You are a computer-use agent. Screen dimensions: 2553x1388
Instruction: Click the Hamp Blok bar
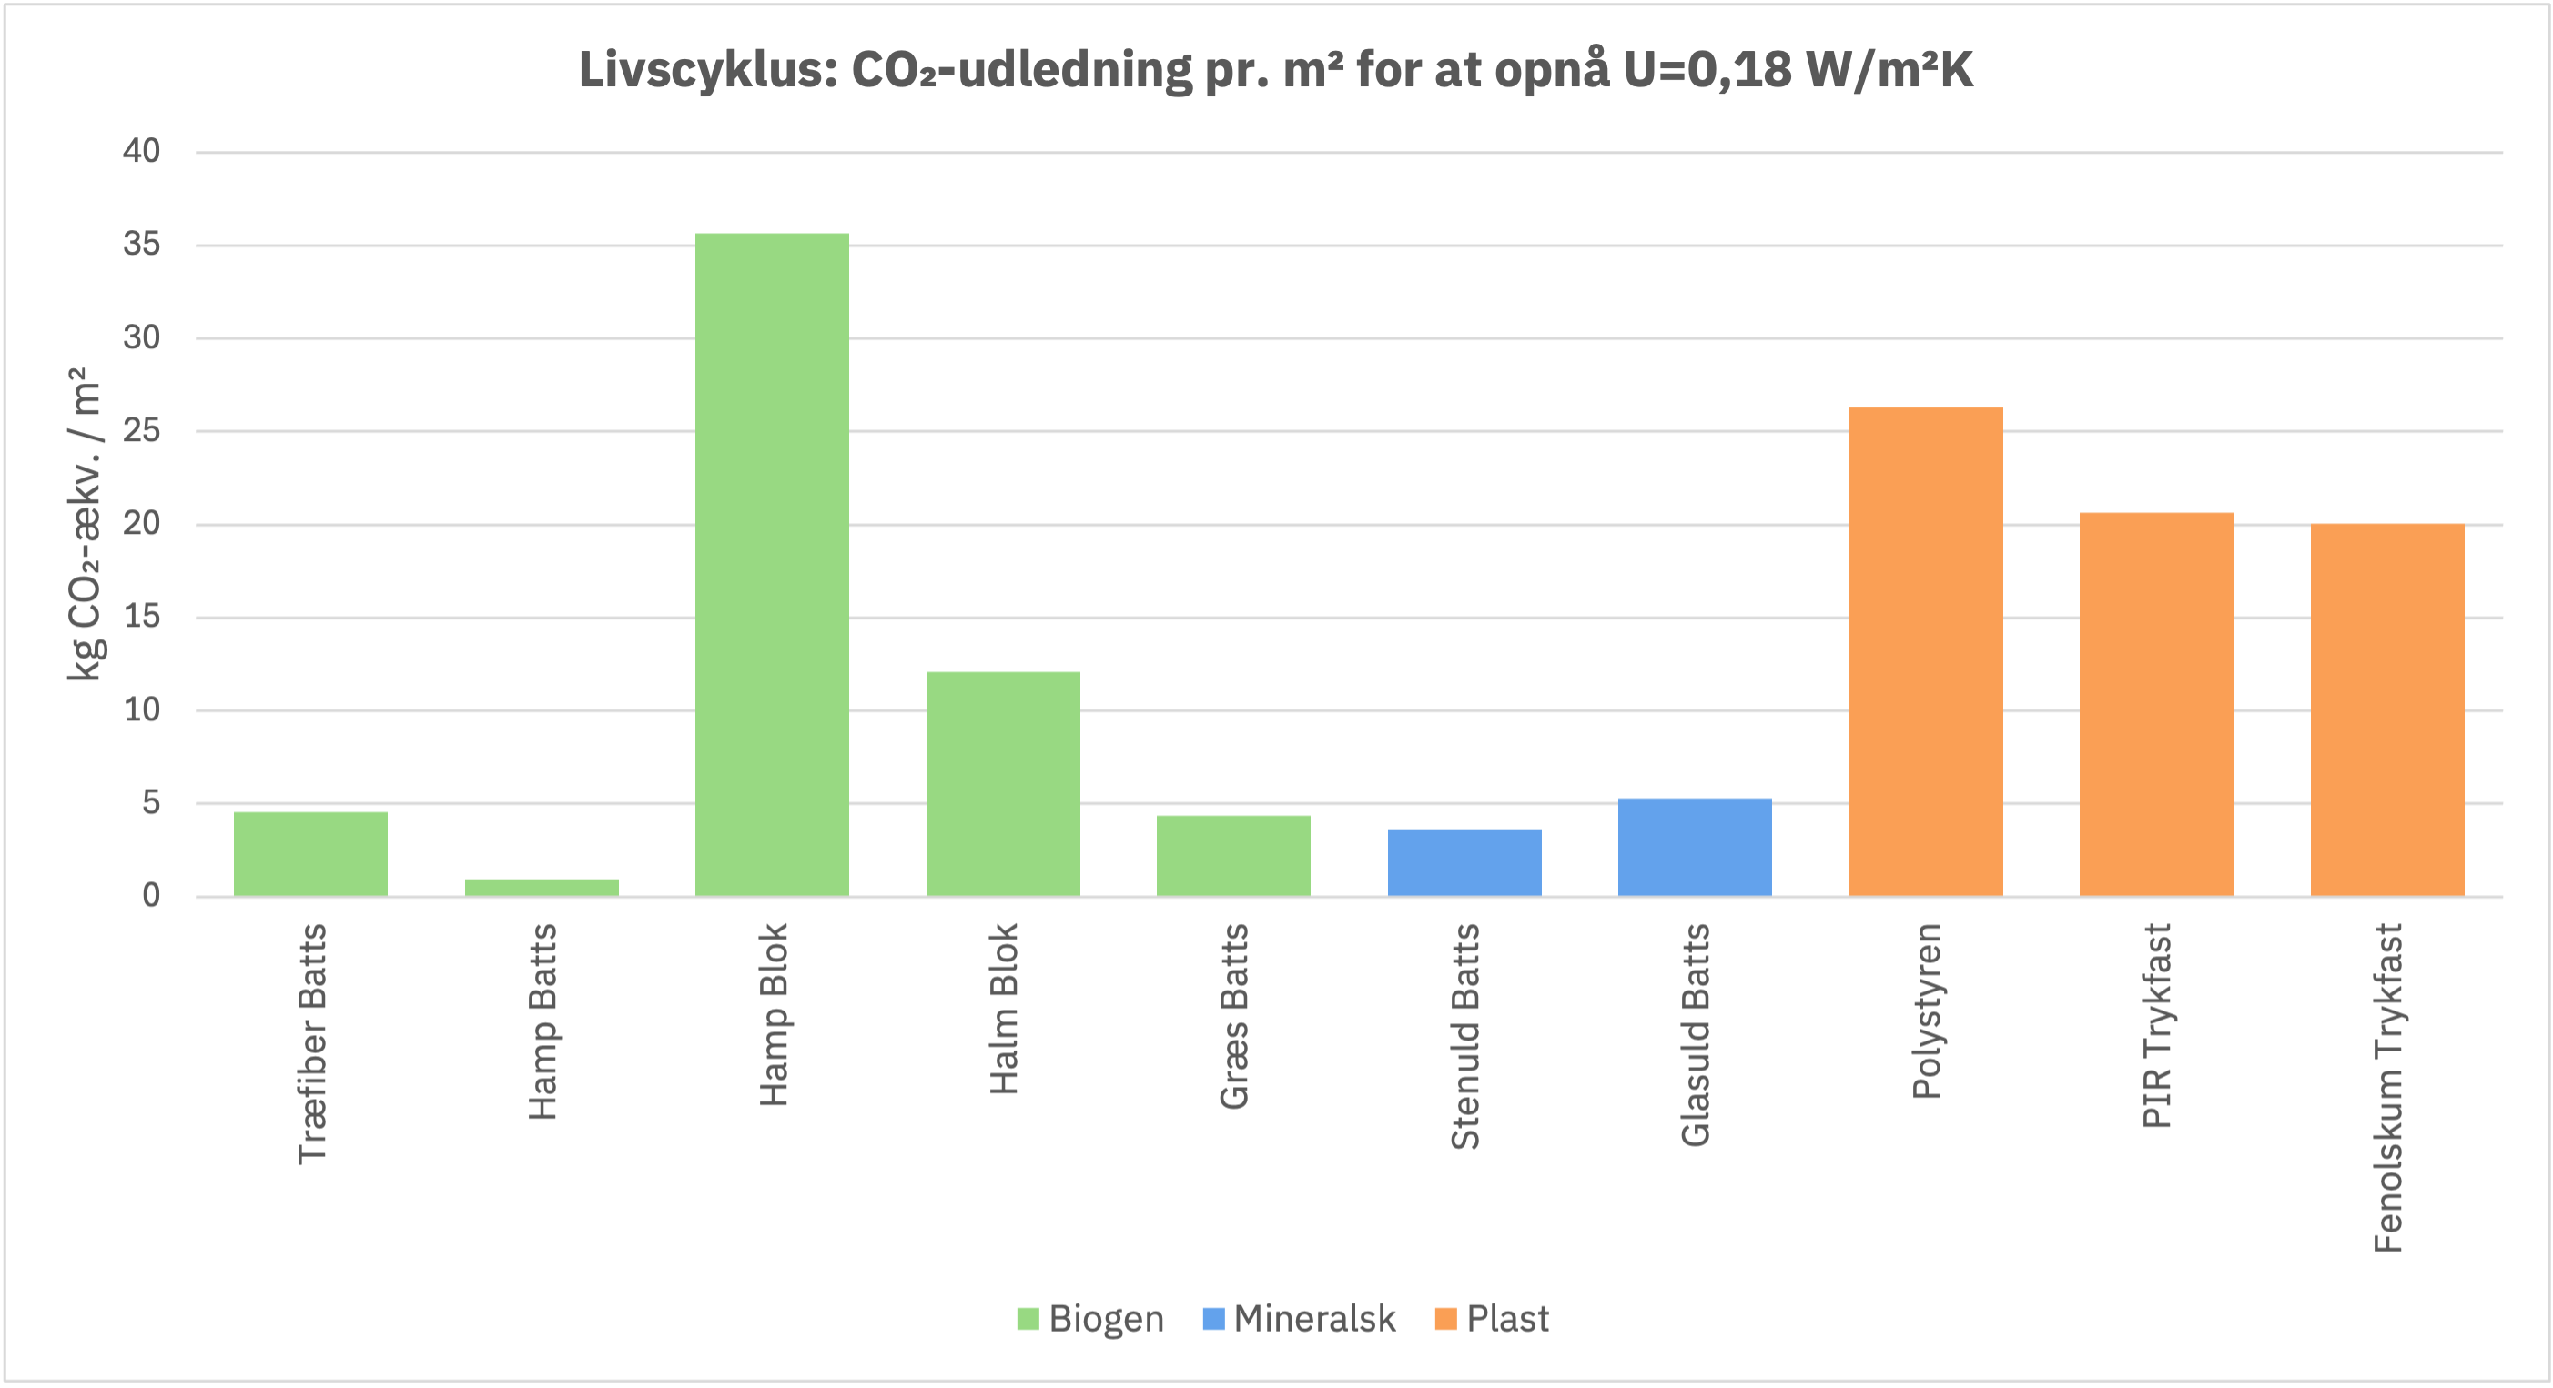pos(772,565)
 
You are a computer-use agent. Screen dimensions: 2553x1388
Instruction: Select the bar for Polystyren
pos(1926,652)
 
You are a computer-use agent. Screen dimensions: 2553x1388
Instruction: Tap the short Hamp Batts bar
pos(542,888)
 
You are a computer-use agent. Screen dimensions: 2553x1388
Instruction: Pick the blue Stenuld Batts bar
pos(1464,863)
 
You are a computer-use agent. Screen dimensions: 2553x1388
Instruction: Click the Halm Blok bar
pos(1003,785)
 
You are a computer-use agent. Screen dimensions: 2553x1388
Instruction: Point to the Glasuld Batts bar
pos(1695,847)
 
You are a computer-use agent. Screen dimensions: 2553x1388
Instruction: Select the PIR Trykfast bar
pos(2155,704)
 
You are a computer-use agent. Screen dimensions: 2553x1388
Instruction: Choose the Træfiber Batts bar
pos(310,854)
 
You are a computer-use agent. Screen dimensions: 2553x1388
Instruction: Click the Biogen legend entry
pos(1090,1319)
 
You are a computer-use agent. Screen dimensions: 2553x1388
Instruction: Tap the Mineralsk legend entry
pos(1298,1319)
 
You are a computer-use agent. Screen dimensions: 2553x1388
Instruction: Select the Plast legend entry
pos(1492,1319)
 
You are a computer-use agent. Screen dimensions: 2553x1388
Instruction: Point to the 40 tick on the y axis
pos(142,152)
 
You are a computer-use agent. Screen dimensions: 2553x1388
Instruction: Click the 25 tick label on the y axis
pos(142,431)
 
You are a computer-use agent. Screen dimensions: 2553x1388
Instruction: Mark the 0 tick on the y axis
pos(151,896)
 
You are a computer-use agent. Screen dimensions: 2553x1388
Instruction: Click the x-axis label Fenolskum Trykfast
pos(2387,1088)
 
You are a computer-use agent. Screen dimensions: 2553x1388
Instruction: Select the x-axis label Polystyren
pos(1926,1011)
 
